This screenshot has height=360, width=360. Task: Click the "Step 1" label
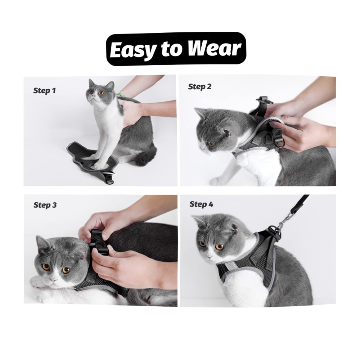(x=45, y=90)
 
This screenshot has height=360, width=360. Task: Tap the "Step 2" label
(x=199, y=86)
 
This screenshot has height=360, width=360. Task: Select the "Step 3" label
(x=45, y=205)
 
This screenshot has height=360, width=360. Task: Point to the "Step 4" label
(x=201, y=204)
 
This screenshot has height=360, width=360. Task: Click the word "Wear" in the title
(x=215, y=49)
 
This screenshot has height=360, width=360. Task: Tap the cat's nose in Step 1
(x=93, y=96)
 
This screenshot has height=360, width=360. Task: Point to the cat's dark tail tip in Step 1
(x=145, y=157)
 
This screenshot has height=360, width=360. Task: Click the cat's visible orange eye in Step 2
(x=211, y=144)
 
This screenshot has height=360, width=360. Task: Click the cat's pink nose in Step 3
(x=54, y=279)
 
